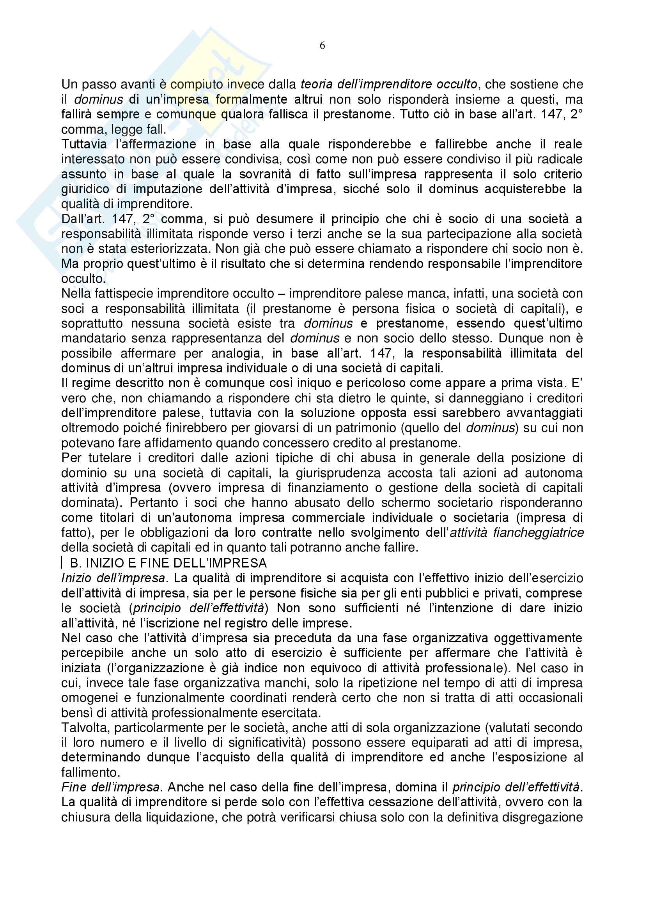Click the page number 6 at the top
pyautogui.click(x=322, y=46)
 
